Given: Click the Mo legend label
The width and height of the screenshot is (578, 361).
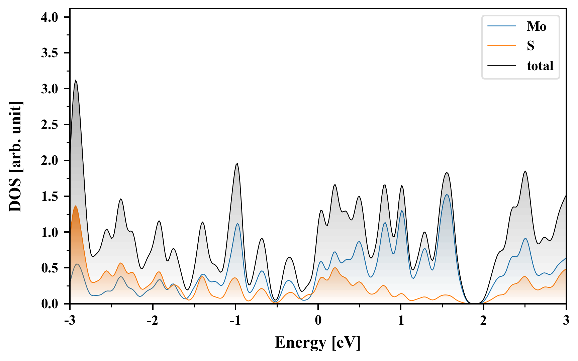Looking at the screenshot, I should pos(536,26).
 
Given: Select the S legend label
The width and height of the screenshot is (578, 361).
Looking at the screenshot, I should pos(531,46).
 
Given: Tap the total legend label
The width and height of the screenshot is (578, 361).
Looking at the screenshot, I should pos(540,66).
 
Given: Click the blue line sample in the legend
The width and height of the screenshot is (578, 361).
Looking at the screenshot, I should pos(502,26).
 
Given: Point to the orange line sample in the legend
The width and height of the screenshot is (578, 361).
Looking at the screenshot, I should pos(502,45).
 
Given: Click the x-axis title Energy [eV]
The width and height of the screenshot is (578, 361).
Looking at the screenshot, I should pos(318,343).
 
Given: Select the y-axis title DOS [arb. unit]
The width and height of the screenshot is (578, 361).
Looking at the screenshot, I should pos(15,156).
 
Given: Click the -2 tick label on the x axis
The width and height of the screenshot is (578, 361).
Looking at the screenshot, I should pos(152,321).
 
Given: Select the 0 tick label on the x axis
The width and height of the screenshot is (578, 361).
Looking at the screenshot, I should pos(318,321).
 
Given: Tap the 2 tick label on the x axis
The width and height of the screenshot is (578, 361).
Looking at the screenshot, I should pos(483,321).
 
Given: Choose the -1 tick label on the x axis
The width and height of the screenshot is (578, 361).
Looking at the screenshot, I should pos(235,321).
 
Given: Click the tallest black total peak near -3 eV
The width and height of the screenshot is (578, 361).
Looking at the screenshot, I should pos(76,81).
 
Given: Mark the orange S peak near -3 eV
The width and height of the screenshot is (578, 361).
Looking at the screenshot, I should pos(76,206).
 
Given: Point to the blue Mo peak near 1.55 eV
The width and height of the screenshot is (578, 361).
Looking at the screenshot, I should pos(447,195).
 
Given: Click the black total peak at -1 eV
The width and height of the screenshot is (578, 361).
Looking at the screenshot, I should pos(237,164).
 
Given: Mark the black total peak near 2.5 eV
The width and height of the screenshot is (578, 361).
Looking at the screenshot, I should pos(525,171).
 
